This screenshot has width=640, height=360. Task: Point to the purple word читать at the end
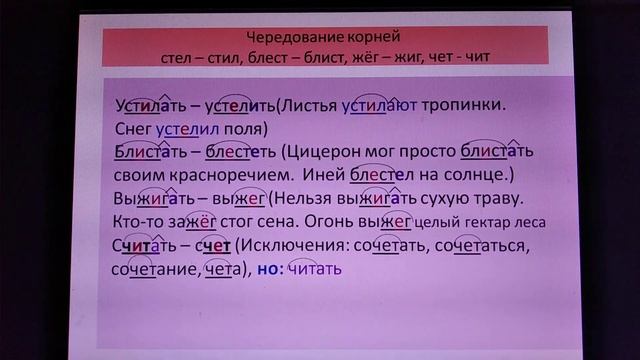pos(316,269)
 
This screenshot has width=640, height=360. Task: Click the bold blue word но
pos(269,269)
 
